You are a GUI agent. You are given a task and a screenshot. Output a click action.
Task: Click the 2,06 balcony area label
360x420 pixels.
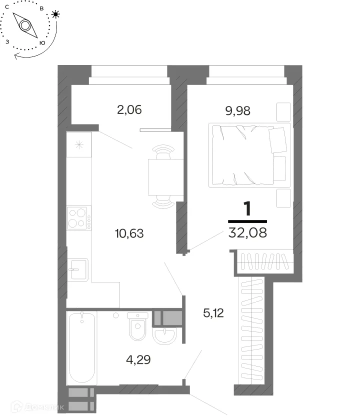pos(129,110)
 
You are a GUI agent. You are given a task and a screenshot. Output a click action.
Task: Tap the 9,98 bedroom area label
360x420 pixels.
pos(238,110)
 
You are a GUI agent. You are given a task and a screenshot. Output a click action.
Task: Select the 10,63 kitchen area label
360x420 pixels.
pos(129,233)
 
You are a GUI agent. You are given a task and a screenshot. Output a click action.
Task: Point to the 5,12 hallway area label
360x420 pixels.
pos(213,313)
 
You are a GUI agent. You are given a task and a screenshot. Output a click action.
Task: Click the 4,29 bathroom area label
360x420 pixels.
pos(138,359)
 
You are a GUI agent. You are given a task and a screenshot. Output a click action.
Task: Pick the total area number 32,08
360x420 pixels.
pos(247,232)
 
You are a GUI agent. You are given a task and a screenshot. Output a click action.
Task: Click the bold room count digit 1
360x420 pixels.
pos(247,209)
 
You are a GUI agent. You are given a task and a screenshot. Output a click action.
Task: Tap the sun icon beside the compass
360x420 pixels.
pos(55,14)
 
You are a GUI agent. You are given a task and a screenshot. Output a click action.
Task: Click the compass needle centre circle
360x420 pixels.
pos(25,25)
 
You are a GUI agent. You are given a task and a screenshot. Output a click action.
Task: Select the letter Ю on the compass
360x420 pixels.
pos(42,43)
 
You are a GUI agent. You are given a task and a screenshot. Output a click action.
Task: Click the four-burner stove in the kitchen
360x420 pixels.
pos(79,218)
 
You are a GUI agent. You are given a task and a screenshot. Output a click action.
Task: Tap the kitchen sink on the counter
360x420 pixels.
pos(77,269)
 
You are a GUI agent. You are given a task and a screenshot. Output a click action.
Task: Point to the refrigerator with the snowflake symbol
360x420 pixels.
pos(79,144)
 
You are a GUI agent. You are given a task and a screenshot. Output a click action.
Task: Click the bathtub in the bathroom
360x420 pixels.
pos(82,347)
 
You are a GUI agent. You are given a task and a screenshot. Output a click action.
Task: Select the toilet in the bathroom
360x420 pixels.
pos(137,326)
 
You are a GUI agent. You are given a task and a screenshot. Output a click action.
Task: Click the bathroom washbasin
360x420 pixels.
pos(164,336)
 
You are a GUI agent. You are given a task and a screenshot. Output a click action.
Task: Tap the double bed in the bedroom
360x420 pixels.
pos(249,155)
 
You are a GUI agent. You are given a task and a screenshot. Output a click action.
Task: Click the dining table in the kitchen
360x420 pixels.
pos(166,177)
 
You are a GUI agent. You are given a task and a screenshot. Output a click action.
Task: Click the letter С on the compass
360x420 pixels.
pos(7,7)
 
